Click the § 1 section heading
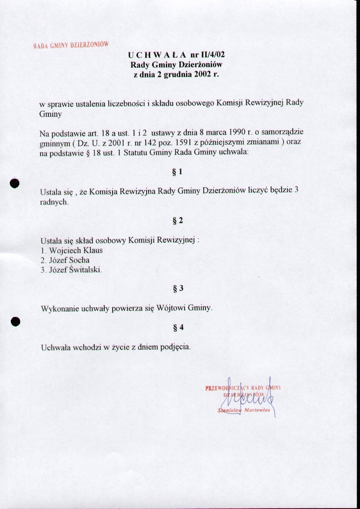(177, 172)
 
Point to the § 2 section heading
(178, 221)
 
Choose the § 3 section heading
(178, 288)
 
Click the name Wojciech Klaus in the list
(76, 250)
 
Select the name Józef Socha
(69, 260)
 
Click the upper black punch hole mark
(16, 183)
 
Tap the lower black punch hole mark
(16, 321)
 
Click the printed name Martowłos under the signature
(257, 410)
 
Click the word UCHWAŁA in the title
(157, 55)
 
